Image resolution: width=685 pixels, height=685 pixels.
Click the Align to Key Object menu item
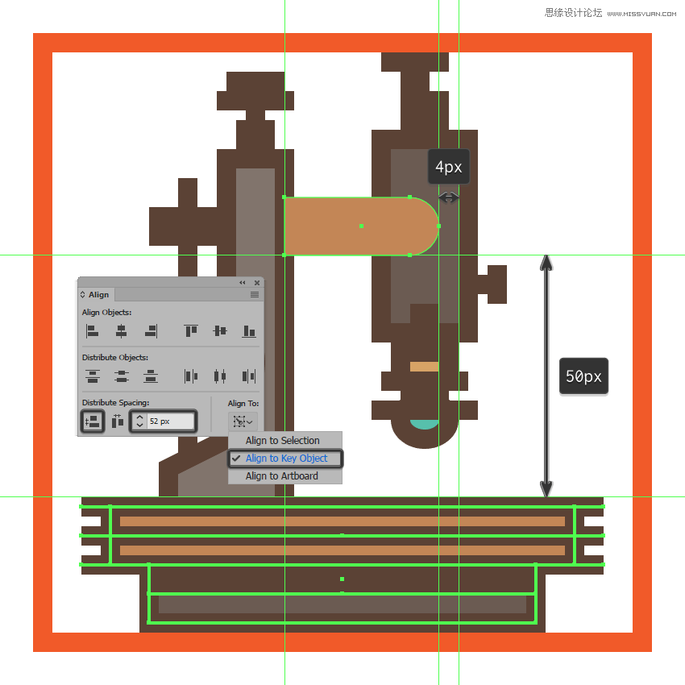coord(286,459)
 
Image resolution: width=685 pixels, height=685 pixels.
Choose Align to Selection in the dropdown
coord(282,441)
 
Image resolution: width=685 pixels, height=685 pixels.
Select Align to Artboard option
coord(281,476)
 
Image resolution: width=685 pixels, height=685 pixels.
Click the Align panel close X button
coord(257,283)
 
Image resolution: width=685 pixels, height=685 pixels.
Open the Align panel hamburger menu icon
coord(255,295)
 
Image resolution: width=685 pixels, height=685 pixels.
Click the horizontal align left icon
coord(92,330)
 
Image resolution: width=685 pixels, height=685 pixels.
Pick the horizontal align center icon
coord(121,330)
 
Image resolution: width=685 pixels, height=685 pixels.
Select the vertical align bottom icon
coord(248,330)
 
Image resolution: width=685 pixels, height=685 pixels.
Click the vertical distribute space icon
coord(92,421)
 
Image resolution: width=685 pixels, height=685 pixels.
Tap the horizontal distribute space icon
coord(117,421)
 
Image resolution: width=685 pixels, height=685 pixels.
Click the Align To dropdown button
coord(242,421)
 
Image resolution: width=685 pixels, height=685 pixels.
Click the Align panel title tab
coord(98,295)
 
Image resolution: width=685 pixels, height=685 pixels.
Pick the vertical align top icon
coord(191,330)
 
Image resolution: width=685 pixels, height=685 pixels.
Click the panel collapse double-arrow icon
coord(243,283)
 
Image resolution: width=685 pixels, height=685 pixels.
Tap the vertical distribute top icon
coord(92,376)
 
